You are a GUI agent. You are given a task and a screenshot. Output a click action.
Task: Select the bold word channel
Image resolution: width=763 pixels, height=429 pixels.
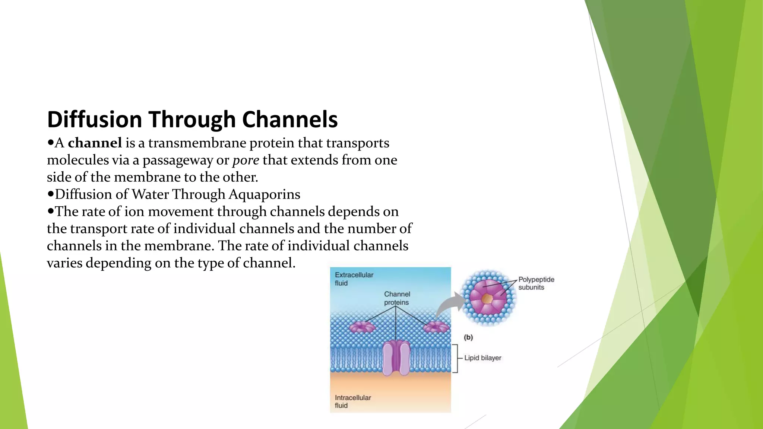[x=95, y=143]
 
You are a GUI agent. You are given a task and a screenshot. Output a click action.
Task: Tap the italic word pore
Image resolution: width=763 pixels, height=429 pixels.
[x=246, y=160]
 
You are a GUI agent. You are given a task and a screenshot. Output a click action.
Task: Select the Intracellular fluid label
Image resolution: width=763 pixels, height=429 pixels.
[x=352, y=401]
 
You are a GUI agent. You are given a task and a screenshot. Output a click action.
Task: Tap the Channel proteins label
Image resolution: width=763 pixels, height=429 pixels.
[x=397, y=298]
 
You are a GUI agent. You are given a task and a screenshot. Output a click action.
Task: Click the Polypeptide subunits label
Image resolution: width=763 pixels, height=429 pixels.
[x=536, y=283]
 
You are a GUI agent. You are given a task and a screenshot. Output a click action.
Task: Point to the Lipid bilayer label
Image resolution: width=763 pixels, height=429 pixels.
[x=482, y=358]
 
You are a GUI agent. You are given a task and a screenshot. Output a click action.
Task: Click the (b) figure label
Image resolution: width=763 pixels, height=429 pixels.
[x=468, y=337]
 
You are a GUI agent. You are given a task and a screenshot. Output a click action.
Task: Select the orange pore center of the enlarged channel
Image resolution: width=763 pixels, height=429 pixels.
[x=487, y=298]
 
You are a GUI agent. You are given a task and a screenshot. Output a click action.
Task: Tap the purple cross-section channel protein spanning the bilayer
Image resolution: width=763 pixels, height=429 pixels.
[x=396, y=358]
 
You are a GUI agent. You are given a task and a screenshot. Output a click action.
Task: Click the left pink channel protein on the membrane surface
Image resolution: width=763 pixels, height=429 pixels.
[x=362, y=327]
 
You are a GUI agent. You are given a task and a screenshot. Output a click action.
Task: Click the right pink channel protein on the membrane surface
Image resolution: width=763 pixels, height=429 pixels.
[x=436, y=327]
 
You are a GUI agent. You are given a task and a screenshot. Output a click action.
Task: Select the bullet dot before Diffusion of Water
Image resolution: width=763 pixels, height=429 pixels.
[x=51, y=194]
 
